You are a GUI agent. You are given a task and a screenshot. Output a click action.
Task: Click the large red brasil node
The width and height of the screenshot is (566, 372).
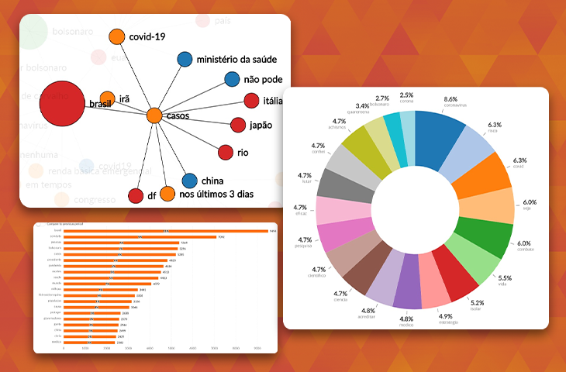point(61,108)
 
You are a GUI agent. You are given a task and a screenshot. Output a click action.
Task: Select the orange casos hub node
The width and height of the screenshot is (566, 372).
point(154,116)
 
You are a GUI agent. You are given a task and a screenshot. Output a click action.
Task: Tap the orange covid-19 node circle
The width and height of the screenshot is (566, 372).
point(116,36)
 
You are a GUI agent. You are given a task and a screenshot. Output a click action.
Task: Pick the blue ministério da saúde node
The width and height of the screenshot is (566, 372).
point(185,59)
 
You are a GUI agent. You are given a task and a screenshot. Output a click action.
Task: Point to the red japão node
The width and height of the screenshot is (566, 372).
point(238,125)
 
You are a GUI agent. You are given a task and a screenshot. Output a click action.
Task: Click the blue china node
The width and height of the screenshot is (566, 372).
point(188,181)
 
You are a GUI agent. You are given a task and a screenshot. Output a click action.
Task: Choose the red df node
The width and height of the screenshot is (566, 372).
point(136,195)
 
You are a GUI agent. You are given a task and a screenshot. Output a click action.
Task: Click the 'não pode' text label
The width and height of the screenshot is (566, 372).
point(263,79)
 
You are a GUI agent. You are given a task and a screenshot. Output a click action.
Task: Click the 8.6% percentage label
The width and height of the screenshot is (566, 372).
point(450,100)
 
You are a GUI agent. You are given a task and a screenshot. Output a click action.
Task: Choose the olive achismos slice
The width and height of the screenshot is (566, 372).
point(361,150)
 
